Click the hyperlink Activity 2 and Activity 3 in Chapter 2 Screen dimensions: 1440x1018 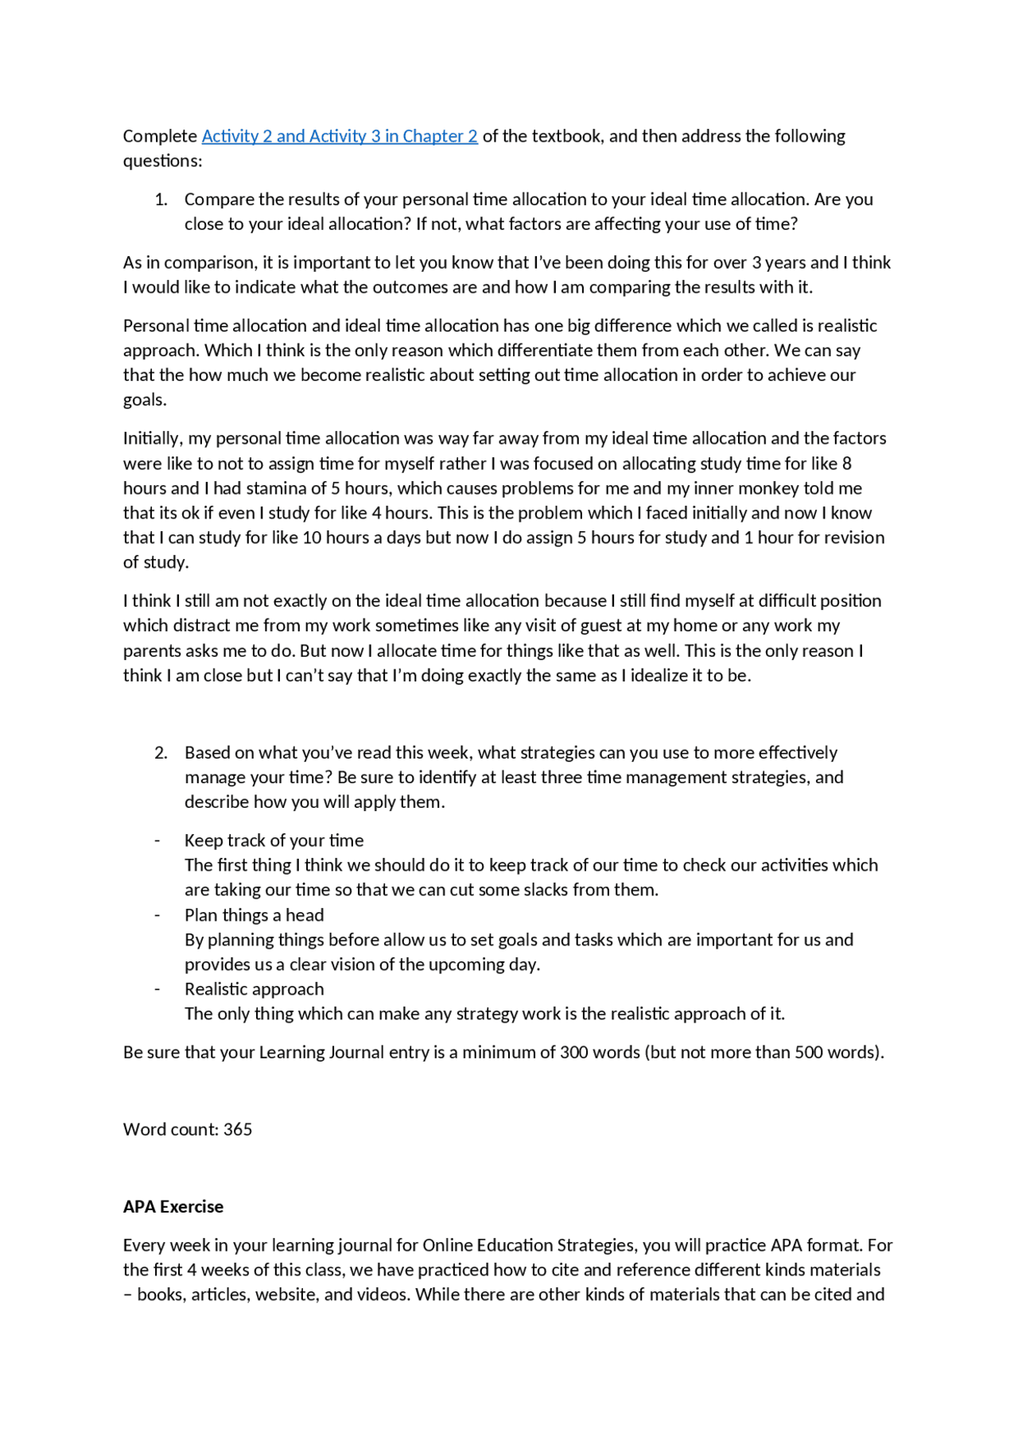point(340,136)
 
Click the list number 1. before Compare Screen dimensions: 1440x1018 point(161,199)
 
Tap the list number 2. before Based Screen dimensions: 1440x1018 point(161,752)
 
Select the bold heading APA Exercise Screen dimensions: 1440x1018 point(173,1206)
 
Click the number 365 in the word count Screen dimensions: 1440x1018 point(238,1129)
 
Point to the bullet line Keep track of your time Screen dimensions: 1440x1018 point(274,840)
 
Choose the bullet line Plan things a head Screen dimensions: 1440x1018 point(254,915)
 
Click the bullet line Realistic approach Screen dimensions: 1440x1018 point(254,989)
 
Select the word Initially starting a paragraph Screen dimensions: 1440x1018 point(151,438)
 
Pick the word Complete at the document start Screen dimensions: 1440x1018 point(160,136)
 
